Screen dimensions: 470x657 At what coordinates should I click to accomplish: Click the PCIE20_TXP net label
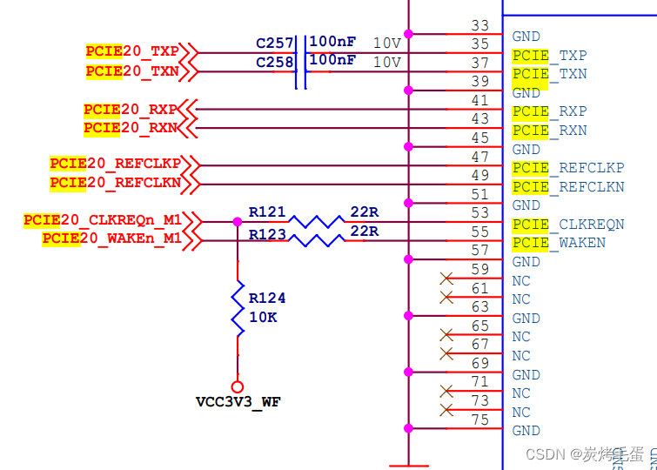[x=132, y=52]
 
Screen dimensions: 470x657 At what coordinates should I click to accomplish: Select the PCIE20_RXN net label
[x=131, y=128]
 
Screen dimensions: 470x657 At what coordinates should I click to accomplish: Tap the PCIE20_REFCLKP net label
[x=115, y=164]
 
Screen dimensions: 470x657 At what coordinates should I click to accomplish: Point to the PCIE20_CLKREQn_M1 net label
[x=103, y=220]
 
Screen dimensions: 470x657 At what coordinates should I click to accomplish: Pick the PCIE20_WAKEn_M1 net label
[x=111, y=238]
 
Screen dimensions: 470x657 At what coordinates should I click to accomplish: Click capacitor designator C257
[x=274, y=43]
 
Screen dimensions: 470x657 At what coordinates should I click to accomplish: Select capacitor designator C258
[x=274, y=62]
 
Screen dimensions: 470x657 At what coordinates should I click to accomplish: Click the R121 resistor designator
[x=267, y=211]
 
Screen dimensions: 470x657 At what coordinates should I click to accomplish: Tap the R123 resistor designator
[x=267, y=233]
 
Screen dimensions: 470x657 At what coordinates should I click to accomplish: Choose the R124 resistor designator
[x=267, y=298]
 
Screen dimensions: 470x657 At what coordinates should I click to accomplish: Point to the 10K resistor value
[x=263, y=318]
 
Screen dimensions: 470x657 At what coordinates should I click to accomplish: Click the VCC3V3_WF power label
[x=238, y=402]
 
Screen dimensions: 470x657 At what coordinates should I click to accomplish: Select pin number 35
[x=479, y=44]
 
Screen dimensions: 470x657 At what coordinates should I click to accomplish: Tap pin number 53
[x=479, y=212]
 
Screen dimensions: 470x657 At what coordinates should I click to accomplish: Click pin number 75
[x=479, y=419]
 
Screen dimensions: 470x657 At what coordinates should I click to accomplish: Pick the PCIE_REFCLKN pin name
[x=568, y=187]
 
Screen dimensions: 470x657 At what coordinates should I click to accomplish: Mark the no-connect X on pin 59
[x=447, y=279]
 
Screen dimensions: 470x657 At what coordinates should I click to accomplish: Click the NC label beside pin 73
[x=521, y=413]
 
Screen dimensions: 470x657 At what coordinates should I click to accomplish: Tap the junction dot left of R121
[x=238, y=221]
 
